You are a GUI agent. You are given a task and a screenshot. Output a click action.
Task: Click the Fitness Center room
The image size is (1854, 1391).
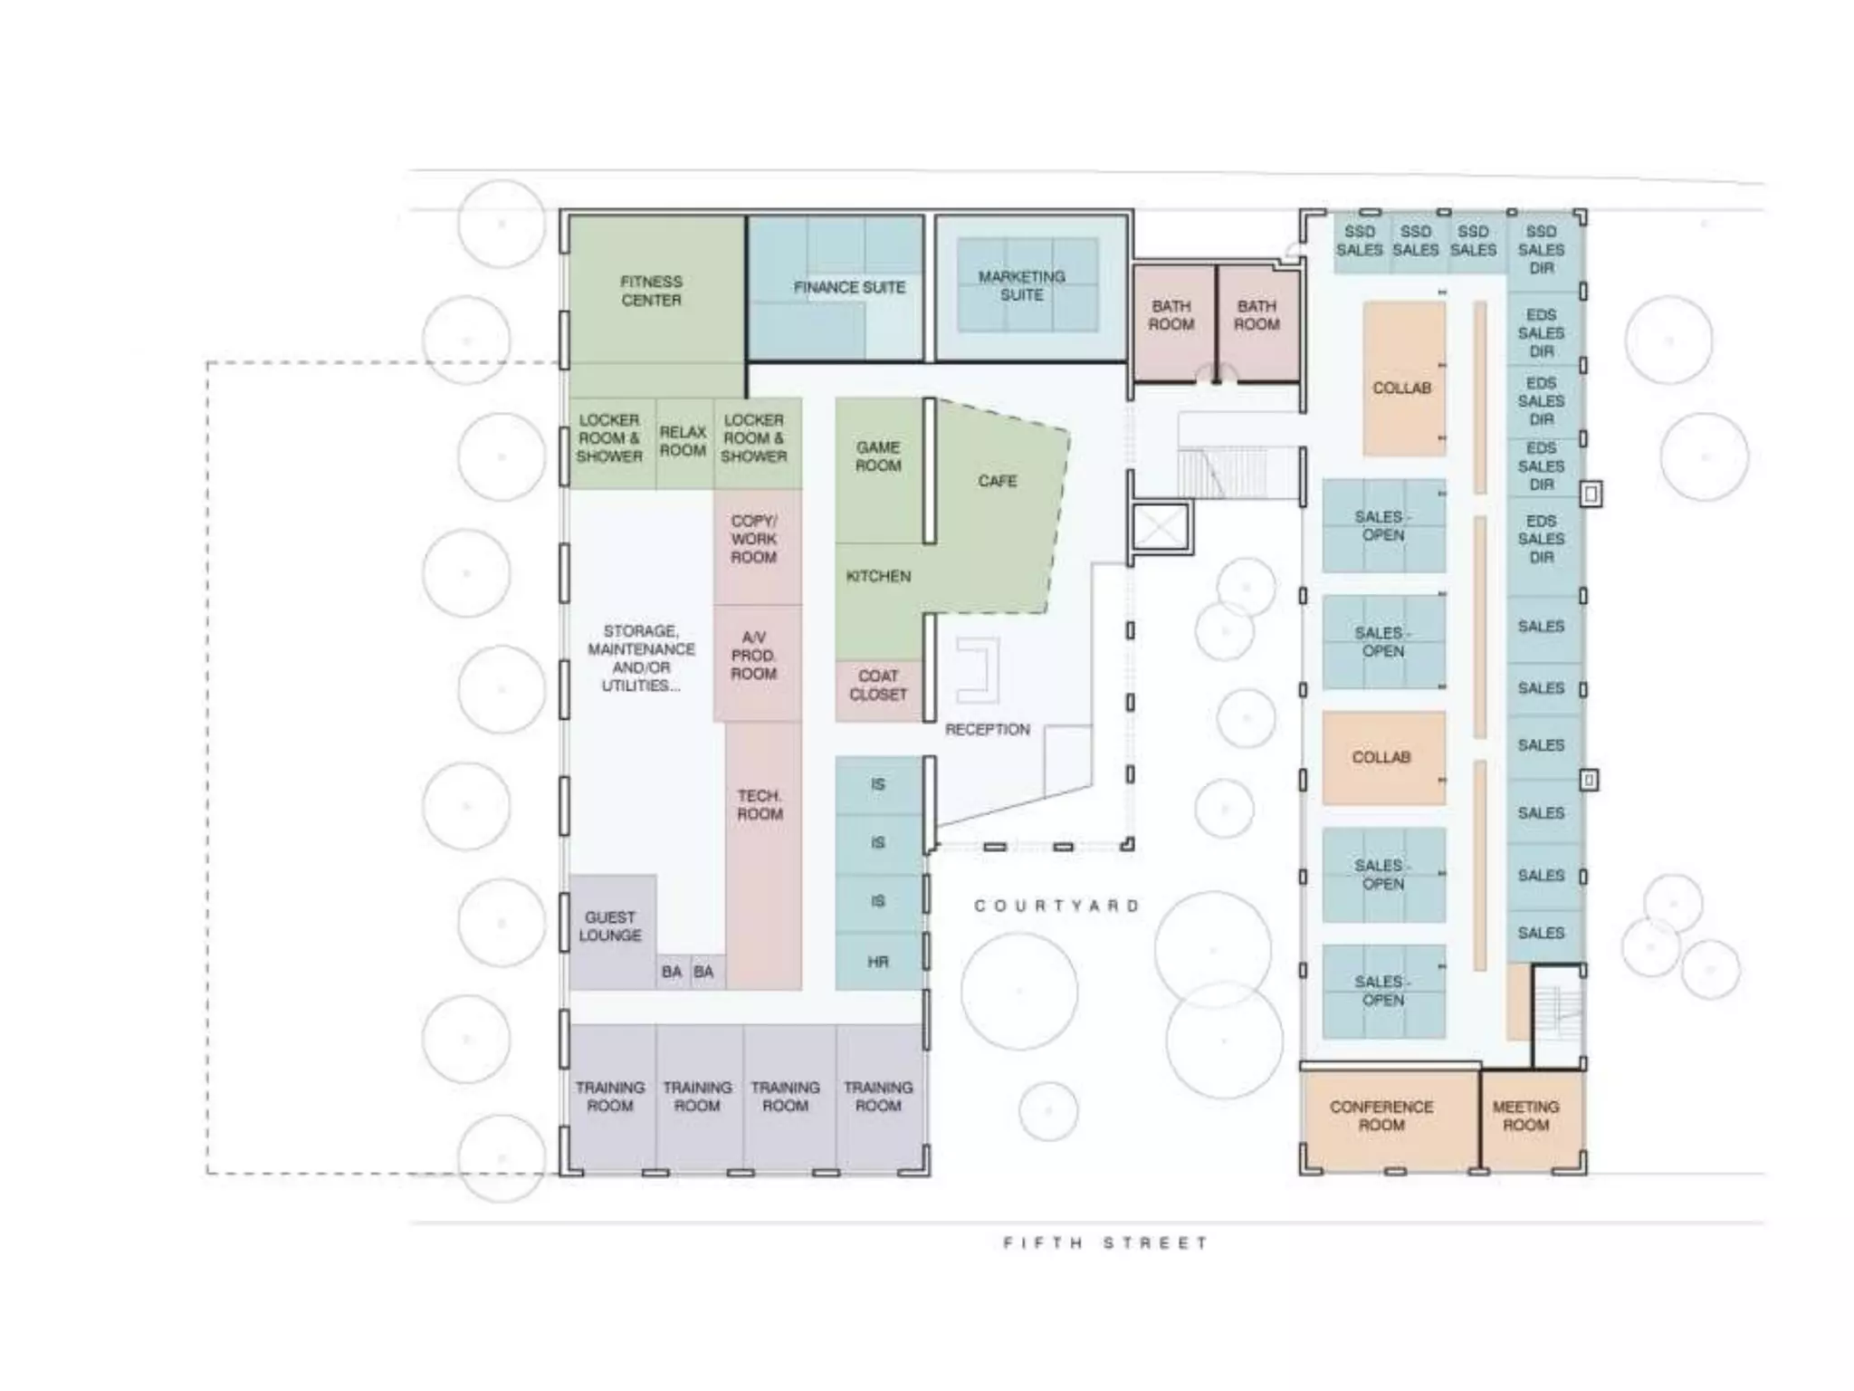pos(652,291)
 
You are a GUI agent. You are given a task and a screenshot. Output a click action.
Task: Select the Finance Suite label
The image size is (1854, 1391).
pos(849,287)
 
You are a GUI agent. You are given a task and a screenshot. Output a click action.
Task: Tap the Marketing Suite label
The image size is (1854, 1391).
pos(1022,285)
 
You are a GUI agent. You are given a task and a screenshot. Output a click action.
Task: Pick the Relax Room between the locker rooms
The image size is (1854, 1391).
pos(683,441)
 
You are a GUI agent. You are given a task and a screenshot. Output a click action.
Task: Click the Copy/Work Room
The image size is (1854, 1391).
pos(754,540)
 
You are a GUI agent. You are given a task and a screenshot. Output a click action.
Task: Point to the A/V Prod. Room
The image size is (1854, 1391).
pos(754,656)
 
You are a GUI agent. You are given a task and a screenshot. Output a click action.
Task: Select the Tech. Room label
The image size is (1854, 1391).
pos(760,805)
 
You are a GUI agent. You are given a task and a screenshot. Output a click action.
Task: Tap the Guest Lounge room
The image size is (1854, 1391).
pos(611,926)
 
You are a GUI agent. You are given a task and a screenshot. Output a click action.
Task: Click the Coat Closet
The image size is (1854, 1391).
pos(877,686)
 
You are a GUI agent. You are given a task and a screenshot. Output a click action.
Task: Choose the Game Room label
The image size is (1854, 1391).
pos(878,456)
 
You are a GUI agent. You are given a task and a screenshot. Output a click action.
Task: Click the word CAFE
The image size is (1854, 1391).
pos(997,481)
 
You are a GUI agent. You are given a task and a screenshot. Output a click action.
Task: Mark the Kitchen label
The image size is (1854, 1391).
pos(878,576)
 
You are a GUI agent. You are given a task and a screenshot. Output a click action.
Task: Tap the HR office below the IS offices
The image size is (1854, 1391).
pos(878,962)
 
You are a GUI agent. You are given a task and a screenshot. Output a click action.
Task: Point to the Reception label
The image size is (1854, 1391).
pos(987,729)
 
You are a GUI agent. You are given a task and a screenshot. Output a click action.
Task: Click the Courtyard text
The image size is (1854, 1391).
pos(1056,906)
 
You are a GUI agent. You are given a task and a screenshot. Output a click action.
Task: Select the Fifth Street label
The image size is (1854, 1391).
pos(1104,1242)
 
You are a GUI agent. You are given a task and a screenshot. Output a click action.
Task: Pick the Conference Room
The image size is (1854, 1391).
pos(1381,1116)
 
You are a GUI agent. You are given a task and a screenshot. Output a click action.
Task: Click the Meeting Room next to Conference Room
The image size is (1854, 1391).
pos(1526,1116)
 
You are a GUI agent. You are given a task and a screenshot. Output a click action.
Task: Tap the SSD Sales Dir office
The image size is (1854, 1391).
pos(1541,249)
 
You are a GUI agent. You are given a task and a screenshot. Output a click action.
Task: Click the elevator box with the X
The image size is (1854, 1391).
pos(1160,526)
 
